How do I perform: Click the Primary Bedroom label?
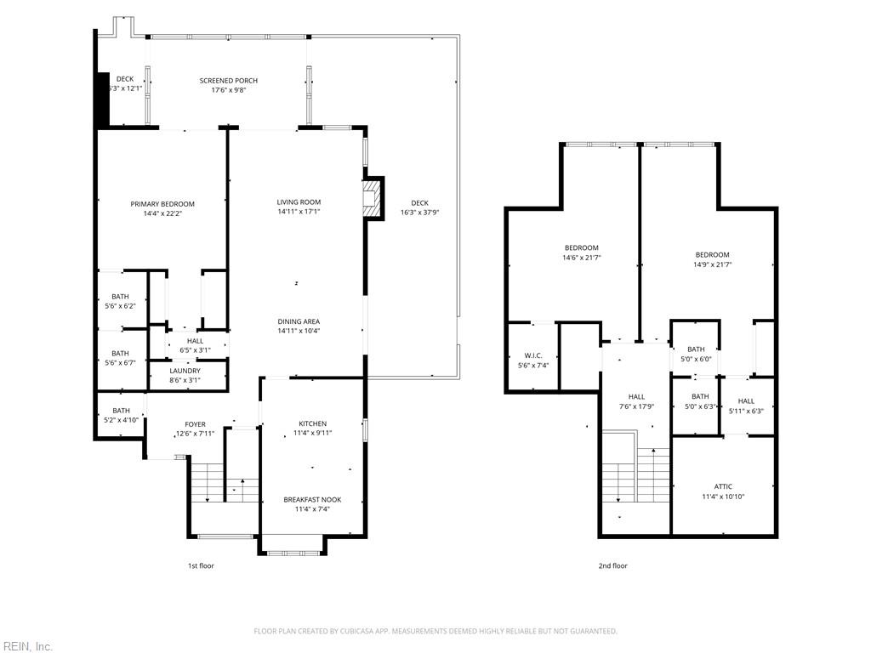point(162,204)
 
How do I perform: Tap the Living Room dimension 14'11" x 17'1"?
point(299,212)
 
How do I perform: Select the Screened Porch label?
point(228,81)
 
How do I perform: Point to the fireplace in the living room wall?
point(373,198)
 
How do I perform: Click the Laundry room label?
point(185,371)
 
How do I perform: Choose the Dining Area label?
point(299,321)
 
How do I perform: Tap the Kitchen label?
point(313,423)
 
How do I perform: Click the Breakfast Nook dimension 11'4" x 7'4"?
point(313,509)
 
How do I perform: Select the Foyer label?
point(195,424)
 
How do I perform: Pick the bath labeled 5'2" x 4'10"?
point(121,415)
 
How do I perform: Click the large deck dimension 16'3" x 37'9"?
point(420,212)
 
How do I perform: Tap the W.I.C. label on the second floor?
point(533,355)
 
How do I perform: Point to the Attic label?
point(723,486)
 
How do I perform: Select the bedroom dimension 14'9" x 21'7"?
point(712,264)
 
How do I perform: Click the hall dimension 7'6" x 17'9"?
point(636,406)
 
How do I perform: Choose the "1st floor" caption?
point(201,565)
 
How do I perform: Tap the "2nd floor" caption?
point(612,565)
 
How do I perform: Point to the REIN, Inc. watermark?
point(26,646)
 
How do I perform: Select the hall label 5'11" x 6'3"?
point(746,406)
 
